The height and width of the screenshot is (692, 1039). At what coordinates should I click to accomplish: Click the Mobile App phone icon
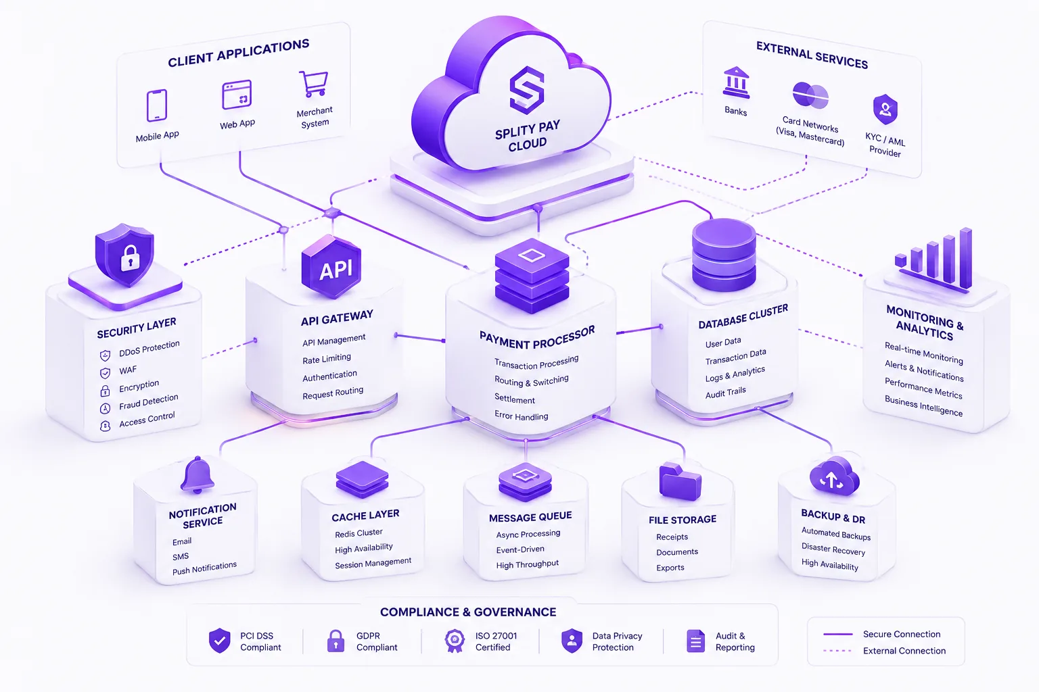click(x=157, y=105)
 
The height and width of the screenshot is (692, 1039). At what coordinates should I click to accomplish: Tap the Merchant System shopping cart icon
click(x=314, y=83)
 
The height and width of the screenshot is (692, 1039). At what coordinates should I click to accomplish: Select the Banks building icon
click(x=736, y=82)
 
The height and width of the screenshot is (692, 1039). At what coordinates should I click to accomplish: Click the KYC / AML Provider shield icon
click(x=885, y=109)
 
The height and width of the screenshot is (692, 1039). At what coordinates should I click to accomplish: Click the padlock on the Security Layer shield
click(x=130, y=257)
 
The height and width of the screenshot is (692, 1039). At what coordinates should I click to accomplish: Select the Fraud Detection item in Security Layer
click(x=148, y=401)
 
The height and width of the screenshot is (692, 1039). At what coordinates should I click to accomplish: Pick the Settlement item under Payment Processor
click(x=514, y=399)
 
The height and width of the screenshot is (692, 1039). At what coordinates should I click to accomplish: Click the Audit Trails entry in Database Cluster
click(x=725, y=393)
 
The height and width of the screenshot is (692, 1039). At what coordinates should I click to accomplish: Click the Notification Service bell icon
click(x=197, y=474)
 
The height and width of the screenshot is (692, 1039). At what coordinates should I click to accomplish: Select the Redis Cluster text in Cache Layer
click(x=359, y=533)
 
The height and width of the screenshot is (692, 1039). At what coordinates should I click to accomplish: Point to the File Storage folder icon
click(x=680, y=481)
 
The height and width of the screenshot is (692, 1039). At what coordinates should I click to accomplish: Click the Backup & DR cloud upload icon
click(x=834, y=476)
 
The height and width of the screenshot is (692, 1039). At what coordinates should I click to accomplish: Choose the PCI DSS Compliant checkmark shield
click(x=219, y=641)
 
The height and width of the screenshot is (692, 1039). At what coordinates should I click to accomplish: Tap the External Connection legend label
click(x=904, y=651)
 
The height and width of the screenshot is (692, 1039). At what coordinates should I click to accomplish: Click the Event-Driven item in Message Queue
click(x=520, y=549)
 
